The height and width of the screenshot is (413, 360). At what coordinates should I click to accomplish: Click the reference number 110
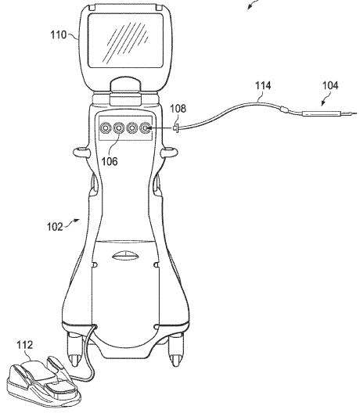point(59,34)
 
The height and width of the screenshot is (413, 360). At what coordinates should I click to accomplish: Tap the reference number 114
point(263,85)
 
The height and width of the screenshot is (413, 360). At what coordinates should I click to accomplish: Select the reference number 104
point(330,85)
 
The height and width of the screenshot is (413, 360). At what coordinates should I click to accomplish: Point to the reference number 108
point(178,108)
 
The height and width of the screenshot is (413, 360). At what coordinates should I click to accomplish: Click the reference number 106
point(110,161)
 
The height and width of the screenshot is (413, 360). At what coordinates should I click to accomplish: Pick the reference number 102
point(55,227)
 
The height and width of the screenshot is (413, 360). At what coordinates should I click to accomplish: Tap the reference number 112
point(25,345)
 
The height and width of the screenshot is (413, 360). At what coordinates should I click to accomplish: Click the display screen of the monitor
point(125,41)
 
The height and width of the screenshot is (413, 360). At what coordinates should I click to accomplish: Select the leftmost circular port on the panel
point(105,128)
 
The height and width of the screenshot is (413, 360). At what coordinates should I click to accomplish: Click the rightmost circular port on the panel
point(146,128)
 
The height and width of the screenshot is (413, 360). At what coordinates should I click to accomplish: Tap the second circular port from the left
point(119,128)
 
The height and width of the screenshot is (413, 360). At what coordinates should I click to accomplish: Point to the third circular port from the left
point(131,128)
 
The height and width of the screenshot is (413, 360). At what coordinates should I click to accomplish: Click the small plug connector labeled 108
point(175,128)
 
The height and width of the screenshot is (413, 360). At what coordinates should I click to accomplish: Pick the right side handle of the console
point(170,153)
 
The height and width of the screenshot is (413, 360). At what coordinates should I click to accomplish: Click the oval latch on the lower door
point(125,256)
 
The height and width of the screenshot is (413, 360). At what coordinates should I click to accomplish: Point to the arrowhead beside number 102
point(77,220)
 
